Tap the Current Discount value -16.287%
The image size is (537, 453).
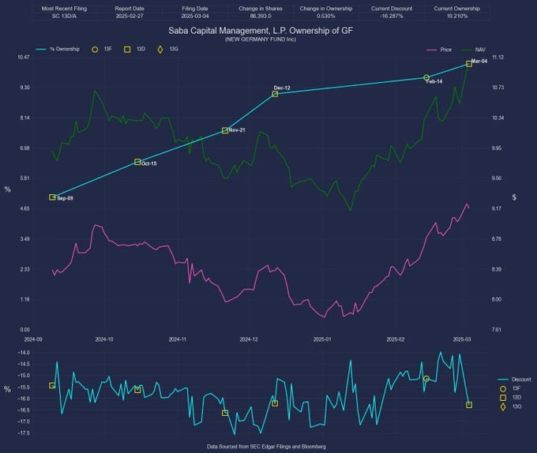(x=390, y=15)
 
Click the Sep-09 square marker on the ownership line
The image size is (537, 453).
(x=52, y=197)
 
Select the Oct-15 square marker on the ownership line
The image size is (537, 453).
(x=137, y=162)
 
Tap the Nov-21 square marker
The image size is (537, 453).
(x=225, y=130)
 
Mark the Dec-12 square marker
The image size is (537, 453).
(x=275, y=94)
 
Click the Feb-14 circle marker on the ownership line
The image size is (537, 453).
(x=426, y=77)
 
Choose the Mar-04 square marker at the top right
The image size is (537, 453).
(x=469, y=64)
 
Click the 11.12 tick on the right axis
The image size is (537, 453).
(x=498, y=58)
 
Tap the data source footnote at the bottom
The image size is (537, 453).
(x=265, y=447)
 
